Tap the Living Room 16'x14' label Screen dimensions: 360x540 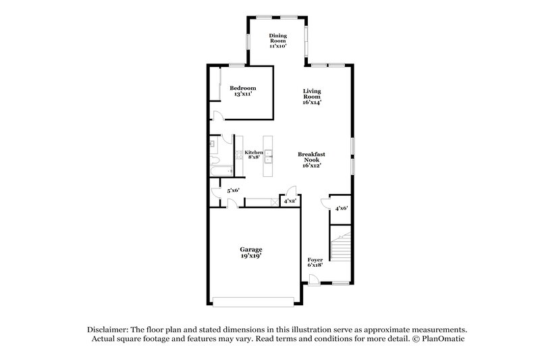pyautogui.click(x=311, y=97)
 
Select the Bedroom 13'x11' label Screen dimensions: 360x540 pyautogui.click(x=242, y=91)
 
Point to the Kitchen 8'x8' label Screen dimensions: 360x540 pyautogui.click(x=254, y=155)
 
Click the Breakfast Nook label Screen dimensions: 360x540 pyautogui.click(x=311, y=159)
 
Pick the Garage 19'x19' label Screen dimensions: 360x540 pyautogui.click(x=250, y=253)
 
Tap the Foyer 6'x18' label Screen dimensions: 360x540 pyautogui.click(x=315, y=262)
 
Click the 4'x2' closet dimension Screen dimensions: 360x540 pyautogui.click(x=290, y=201)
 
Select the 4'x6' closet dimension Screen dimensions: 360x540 pyautogui.click(x=342, y=209)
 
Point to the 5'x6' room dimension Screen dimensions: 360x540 pyautogui.click(x=233, y=190)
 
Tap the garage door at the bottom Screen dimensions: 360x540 pyautogui.click(x=253, y=301)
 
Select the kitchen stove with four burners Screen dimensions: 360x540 pyautogui.click(x=239, y=155)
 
